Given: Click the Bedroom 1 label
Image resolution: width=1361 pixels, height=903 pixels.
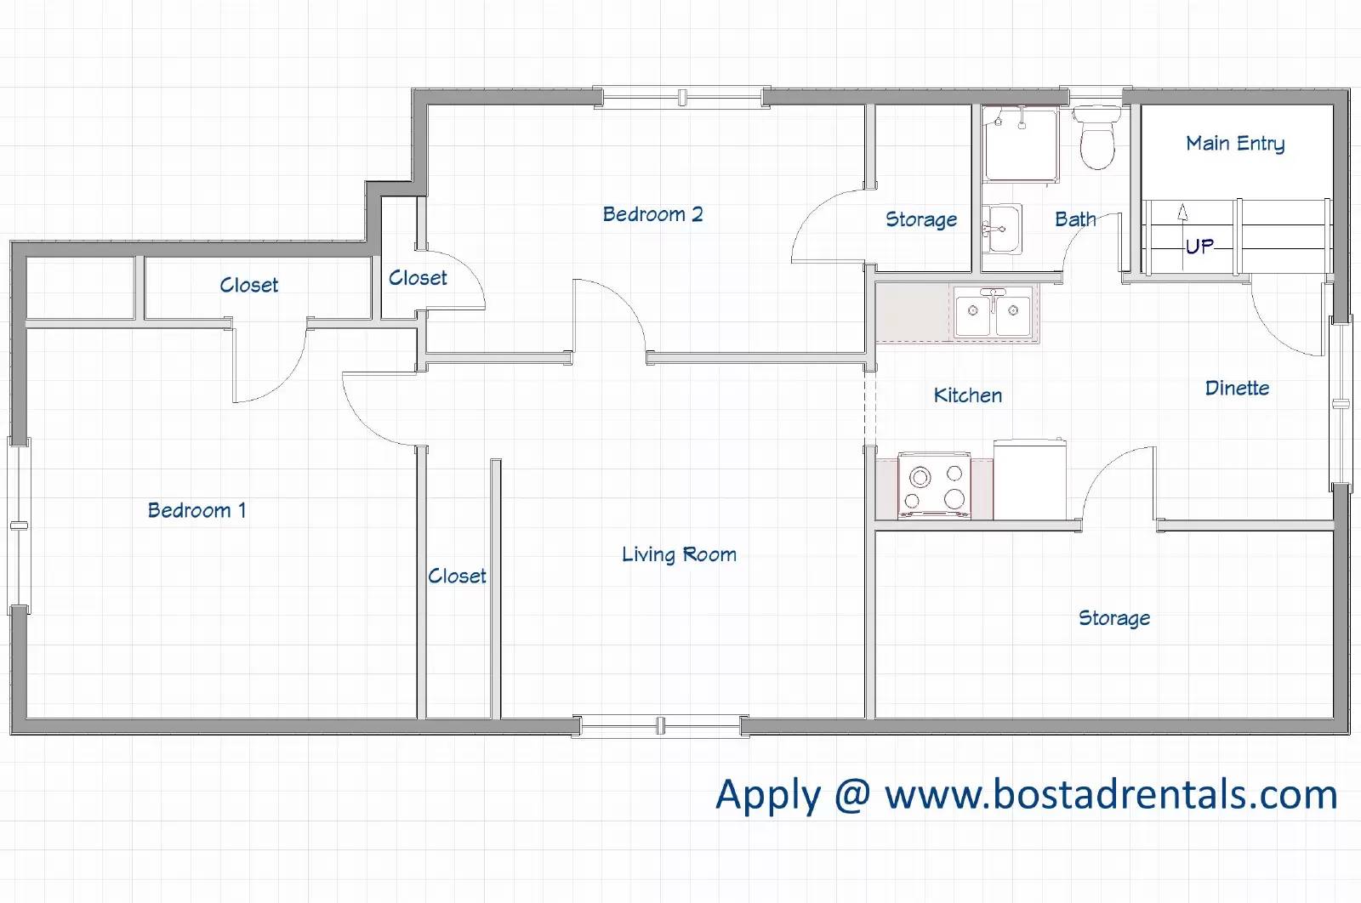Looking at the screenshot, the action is pyautogui.click(x=196, y=510).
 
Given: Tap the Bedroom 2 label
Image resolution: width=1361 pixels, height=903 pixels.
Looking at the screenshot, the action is pyautogui.click(x=652, y=213).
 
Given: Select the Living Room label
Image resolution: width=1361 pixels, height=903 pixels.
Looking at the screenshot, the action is pyautogui.click(x=679, y=554).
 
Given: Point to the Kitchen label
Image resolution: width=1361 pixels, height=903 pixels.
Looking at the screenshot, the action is pyautogui.click(x=968, y=395).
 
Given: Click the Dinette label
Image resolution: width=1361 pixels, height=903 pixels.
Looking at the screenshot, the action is pyautogui.click(x=1237, y=388).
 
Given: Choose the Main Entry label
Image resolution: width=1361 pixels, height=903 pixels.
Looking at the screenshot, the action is pyautogui.click(x=1235, y=144).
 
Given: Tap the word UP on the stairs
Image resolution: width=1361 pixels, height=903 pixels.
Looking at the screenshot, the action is pyautogui.click(x=1199, y=246).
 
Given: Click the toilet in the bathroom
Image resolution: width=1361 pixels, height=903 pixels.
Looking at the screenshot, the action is pyautogui.click(x=1096, y=138).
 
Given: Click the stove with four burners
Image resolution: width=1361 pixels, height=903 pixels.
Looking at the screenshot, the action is pyautogui.click(x=934, y=486).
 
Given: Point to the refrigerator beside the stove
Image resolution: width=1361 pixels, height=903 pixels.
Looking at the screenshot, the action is pyautogui.click(x=1030, y=479).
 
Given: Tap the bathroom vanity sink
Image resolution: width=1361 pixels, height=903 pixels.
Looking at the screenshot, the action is pyautogui.click(x=1001, y=229).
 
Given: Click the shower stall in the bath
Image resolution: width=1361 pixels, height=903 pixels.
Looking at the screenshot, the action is pyautogui.click(x=1021, y=144).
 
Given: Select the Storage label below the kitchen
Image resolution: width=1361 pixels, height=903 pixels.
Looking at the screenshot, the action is pyautogui.click(x=1114, y=618).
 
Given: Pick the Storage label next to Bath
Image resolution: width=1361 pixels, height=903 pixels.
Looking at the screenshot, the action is pyautogui.click(x=921, y=219).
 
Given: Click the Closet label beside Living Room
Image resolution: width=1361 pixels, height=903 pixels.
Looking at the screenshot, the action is pyautogui.click(x=457, y=576).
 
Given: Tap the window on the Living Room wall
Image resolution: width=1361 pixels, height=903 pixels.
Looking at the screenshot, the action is pyautogui.click(x=660, y=725).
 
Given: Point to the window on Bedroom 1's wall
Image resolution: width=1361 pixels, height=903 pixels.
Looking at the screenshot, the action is pyautogui.click(x=19, y=525).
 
